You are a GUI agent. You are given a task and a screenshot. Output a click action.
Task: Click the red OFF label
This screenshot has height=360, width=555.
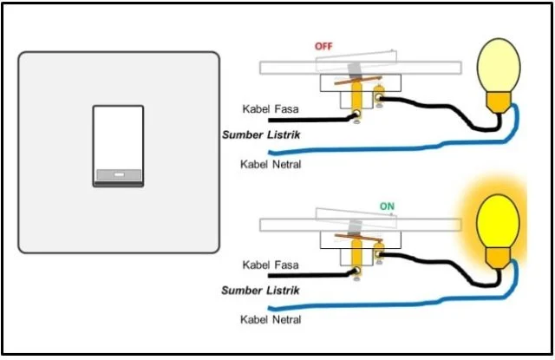(x=324, y=46)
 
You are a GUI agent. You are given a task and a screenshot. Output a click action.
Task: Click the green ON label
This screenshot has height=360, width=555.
(x=388, y=206)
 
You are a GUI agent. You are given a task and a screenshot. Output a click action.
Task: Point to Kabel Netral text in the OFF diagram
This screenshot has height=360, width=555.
(x=270, y=163)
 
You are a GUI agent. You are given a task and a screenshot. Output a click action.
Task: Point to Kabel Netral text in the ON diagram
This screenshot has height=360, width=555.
(x=270, y=319)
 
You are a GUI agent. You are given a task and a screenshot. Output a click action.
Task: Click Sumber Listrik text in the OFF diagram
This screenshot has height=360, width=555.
(x=260, y=135)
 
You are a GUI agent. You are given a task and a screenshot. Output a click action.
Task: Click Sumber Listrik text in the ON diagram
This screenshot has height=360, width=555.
(x=260, y=291)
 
